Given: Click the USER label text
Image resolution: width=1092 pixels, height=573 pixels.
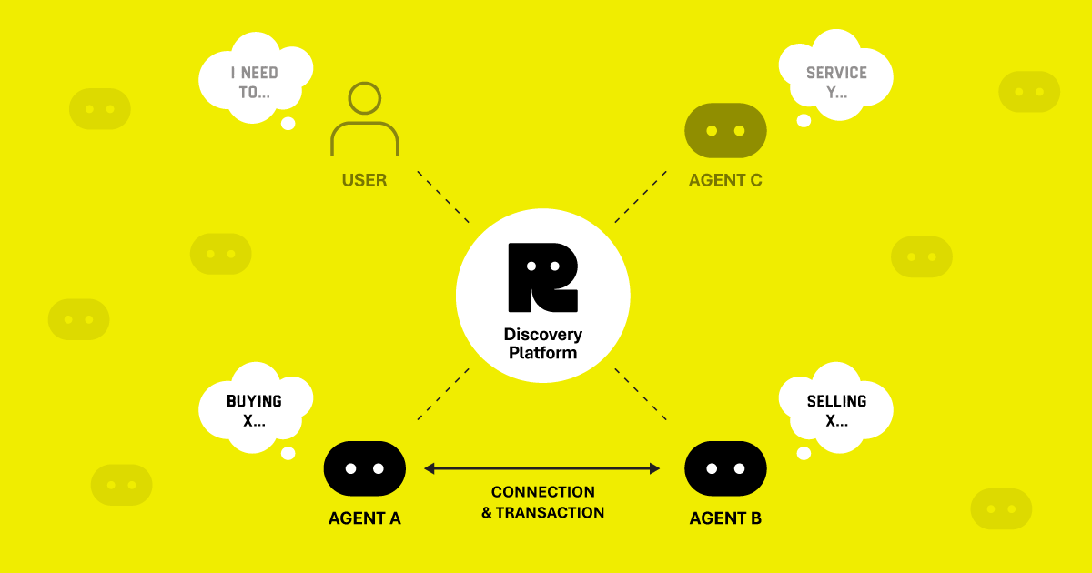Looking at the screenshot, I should point(364,180).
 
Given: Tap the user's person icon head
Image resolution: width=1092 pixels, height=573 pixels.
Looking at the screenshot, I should point(364,99).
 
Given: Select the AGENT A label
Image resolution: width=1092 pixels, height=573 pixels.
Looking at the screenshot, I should point(364,518).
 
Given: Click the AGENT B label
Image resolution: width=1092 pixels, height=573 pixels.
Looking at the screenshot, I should point(725,518).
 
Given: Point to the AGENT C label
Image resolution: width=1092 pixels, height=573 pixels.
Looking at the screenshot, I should point(725,180).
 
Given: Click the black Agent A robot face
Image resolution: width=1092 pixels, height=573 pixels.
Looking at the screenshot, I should point(364,469).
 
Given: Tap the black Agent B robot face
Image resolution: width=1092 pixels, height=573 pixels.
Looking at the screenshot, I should point(725,469).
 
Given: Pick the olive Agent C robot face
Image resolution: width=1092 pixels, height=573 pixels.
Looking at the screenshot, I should point(725,130).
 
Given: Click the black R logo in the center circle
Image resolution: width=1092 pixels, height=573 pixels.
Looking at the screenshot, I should point(542,277).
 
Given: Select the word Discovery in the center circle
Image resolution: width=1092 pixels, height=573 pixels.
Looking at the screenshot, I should point(542,335).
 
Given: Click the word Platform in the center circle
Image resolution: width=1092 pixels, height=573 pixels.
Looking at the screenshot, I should point(542,353).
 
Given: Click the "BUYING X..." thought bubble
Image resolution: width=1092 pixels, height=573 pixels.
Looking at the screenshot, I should point(254,410).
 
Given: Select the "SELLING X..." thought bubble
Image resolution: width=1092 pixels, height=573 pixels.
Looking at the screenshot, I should point(836,410).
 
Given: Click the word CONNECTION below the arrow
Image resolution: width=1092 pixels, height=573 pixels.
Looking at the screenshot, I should point(542,492).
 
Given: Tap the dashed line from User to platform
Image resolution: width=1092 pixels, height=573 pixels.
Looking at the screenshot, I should point(443,196).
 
